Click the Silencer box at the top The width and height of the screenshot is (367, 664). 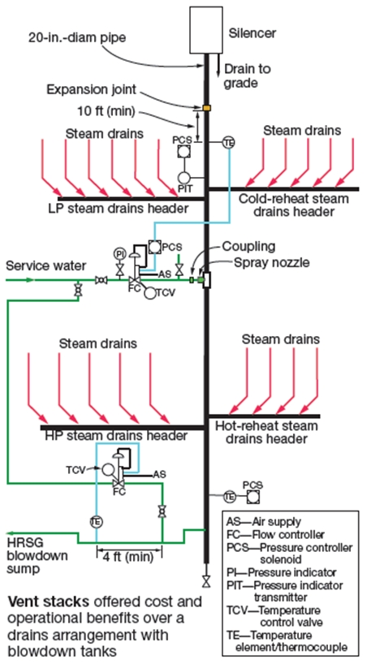click(x=205, y=30)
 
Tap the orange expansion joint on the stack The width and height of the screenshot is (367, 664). click(x=207, y=108)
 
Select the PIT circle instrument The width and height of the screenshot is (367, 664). click(x=185, y=178)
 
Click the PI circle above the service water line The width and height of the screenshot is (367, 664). click(x=119, y=253)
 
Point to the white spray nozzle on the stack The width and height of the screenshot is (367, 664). click(x=207, y=280)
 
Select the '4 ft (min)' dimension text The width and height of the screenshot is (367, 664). click(x=129, y=555)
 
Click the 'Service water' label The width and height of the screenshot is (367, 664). click(x=46, y=266)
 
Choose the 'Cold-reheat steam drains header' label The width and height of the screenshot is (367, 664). click(x=294, y=205)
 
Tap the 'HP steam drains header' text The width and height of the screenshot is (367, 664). click(x=116, y=435)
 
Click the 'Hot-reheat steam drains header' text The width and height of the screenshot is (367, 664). click(x=266, y=432)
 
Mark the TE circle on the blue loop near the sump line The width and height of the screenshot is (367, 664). click(x=96, y=522)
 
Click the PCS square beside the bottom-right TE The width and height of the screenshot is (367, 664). click(x=253, y=496)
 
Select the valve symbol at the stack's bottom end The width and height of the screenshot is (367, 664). click(x=206, y=580)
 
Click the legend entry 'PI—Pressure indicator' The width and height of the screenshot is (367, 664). click(x=281, y=572)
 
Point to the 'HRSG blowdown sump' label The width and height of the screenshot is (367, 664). click(x=37, y=555)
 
